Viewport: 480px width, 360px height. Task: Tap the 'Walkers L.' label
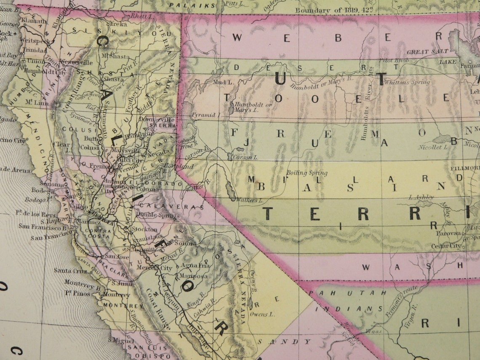pos(249,200)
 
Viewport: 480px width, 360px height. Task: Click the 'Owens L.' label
pos(262,314)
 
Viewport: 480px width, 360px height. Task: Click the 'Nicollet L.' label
pos(432,147)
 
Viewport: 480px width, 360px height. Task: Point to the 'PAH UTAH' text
pos(344,292)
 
